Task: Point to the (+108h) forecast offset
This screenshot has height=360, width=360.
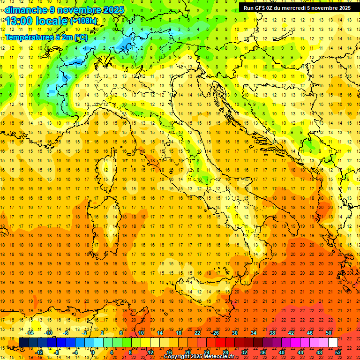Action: pos(83,21)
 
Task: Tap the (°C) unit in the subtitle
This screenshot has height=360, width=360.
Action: pos(81,37)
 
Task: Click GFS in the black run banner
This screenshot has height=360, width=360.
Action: pos(262,8)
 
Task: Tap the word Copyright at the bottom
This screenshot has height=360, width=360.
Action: pos(177,357)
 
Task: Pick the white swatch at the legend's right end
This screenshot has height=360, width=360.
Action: pos(333,343)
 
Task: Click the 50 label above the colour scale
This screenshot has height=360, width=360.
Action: pos(329,333)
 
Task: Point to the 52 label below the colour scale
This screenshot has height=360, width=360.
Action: pos(338,352)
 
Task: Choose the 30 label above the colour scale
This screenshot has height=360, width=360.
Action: pos(235,333)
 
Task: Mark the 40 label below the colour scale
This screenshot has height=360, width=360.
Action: pos(282,352)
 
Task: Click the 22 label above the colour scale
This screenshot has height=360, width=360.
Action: pos(197,333)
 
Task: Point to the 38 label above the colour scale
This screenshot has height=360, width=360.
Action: pos(272,333)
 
